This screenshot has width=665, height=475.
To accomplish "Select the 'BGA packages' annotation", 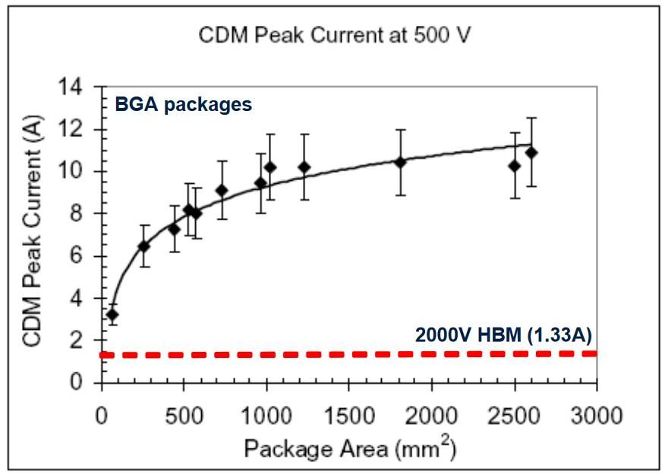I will click(183, 105).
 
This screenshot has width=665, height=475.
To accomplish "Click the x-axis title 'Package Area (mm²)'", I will click(349, 448).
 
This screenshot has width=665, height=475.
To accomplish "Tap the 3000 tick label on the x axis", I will click(597, 416).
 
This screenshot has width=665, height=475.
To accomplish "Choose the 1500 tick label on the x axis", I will click(348, 416).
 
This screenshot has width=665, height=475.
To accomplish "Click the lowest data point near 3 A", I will click(112, 315).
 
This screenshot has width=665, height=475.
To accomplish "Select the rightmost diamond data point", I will click(531, 153).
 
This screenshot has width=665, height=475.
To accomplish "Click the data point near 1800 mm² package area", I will click(400, 163).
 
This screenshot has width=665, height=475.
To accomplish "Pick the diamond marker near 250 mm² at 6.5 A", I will click(143, 246).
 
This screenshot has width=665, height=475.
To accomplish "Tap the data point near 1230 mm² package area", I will click(304, 167).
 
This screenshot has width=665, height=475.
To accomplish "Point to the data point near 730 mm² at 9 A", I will click(222, 190).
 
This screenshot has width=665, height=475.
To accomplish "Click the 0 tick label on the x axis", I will click(102, 416).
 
